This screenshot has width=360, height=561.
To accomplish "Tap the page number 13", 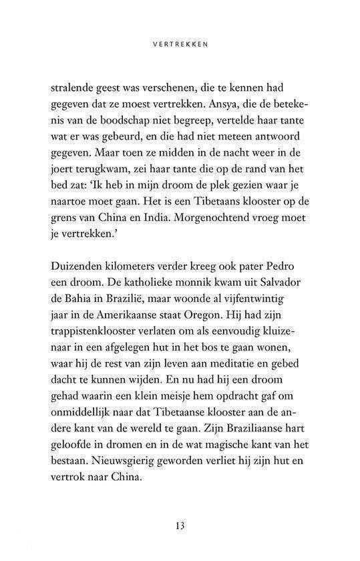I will [x=180, y=525].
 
